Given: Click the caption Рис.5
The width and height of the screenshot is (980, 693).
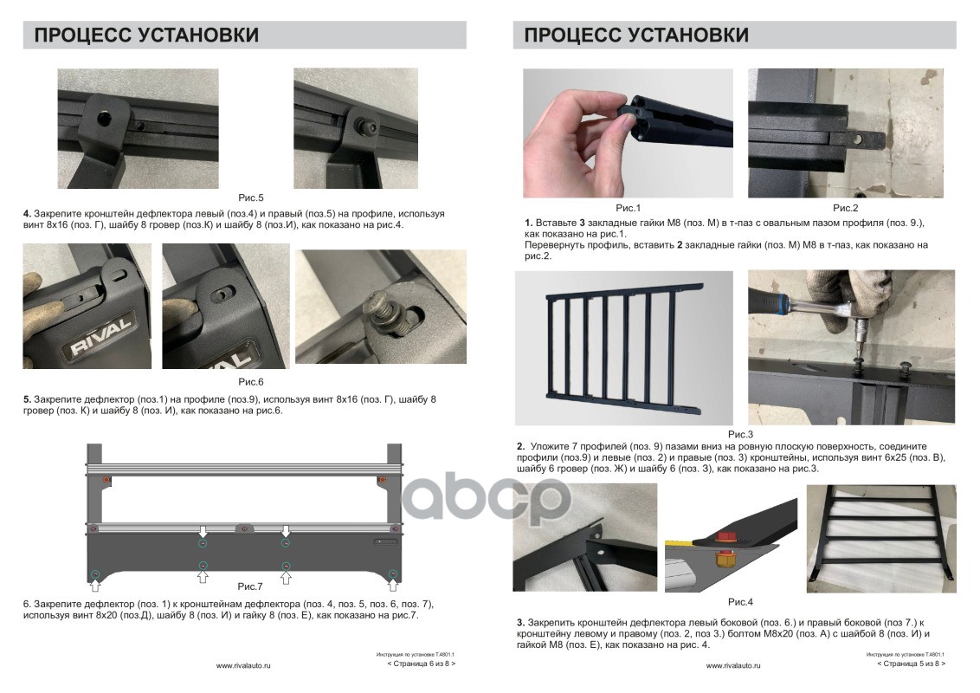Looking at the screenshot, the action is (250, 198).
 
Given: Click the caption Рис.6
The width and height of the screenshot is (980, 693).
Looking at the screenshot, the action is (250, 381).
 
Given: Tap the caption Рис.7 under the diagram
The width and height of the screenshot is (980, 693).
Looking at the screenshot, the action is (250, 586).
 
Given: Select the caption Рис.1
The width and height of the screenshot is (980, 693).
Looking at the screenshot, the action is (628, 208).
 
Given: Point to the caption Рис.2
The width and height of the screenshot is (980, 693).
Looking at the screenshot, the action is (845, 208).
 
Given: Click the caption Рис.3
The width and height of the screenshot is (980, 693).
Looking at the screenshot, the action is (740, 434).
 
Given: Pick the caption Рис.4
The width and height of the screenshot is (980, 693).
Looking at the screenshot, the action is (740, 602).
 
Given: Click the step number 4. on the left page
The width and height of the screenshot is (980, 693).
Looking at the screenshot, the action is (27, 214).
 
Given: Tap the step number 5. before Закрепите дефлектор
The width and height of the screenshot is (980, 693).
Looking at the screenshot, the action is (27, 399).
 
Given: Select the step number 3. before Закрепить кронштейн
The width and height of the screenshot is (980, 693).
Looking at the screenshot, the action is (520, 622).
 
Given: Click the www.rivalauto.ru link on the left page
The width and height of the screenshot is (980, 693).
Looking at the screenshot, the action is (243, 666).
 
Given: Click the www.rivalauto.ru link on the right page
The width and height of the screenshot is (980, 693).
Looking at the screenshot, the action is (733, 666).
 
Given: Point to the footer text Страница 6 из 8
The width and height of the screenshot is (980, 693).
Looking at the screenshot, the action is (422, 664).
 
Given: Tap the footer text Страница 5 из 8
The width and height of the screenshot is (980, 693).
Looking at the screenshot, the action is (912, 664).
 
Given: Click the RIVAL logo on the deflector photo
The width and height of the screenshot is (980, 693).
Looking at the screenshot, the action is (100, 336).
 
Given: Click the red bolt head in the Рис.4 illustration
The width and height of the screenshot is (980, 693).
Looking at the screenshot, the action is (725, 536).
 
